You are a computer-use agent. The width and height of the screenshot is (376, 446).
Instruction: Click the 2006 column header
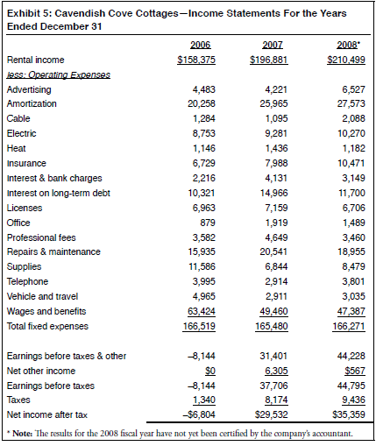(201, 44)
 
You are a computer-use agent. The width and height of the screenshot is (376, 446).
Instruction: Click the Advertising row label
(29, 89)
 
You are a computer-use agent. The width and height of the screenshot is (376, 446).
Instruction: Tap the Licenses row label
(25, 208)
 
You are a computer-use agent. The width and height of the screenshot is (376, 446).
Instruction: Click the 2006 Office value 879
(207, 223)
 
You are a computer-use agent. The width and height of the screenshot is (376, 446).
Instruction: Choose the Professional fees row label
(40, 237)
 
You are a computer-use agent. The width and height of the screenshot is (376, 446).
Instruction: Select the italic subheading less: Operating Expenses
(58, 74)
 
